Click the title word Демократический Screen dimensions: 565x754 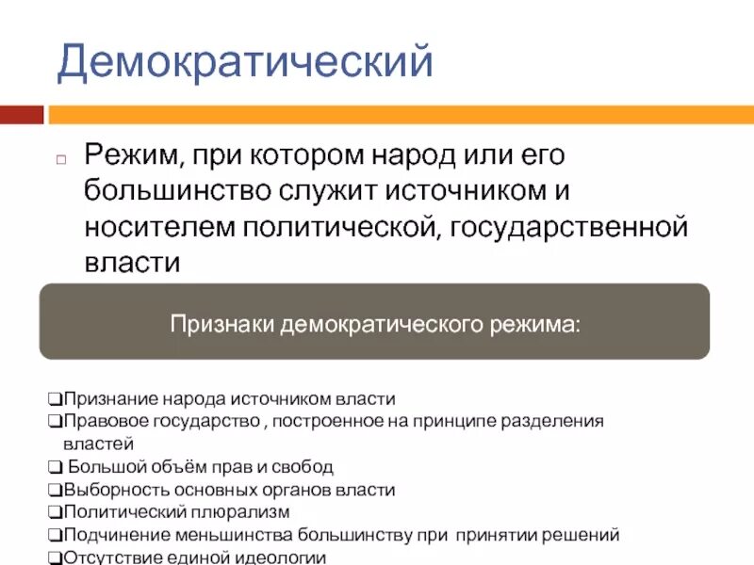coord(245,61)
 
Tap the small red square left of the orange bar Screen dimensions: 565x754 coord(22,115)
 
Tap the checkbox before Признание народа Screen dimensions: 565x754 coord(56,399)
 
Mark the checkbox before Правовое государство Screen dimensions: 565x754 coord(56,421)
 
